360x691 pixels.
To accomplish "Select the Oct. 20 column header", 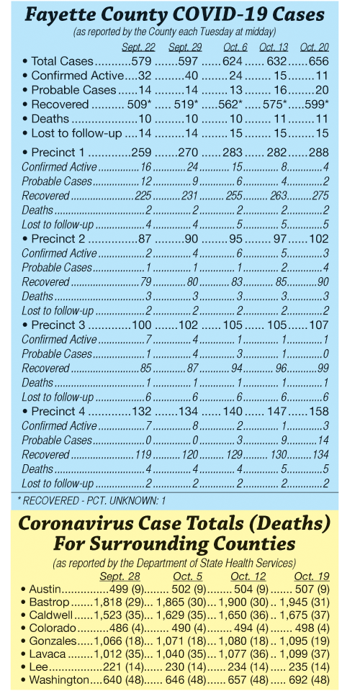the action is pyautogui.click(x=314, y=48).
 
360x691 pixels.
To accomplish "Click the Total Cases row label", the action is pyautogui.click(x=62, y=61).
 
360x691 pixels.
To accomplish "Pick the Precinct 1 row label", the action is pyautogui.click(x=58, y=153).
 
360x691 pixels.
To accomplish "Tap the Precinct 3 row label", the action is pyautogui.click(x=58, y=325).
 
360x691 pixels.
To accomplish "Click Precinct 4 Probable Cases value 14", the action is pyautogui.click(x=323, y=441).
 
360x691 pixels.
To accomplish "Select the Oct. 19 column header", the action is pyautogui.click(x=312, y=577).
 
